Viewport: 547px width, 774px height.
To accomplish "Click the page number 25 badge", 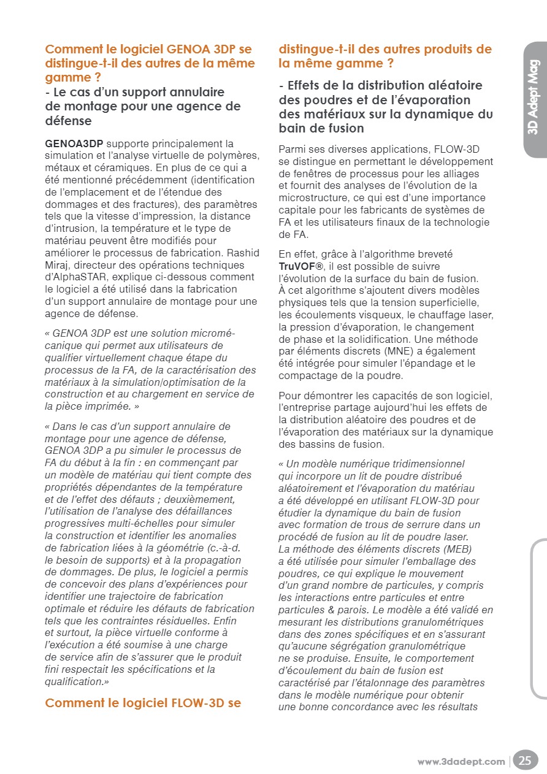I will (525, 761).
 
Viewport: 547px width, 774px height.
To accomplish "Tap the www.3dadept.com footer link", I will (461, 762).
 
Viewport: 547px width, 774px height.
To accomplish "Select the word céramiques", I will (140, 168).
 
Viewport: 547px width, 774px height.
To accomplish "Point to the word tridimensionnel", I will (429, 464).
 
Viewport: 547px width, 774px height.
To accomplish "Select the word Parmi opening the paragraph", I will (292, 150).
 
